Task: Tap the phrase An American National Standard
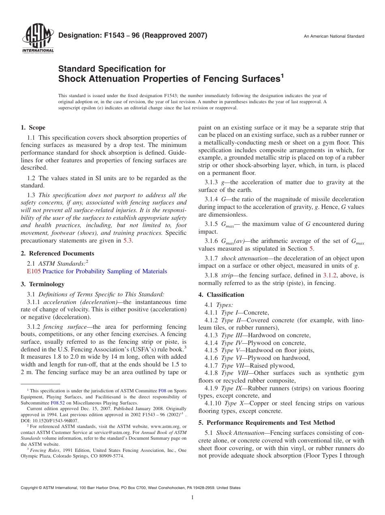tap(334, 36)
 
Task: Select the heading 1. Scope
tap(33, 128)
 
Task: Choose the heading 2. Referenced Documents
tap(57, 253)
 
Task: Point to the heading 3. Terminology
tap(43, 284)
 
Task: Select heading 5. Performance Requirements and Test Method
tap(267, 423)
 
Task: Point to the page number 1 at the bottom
tap(192, 498)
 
